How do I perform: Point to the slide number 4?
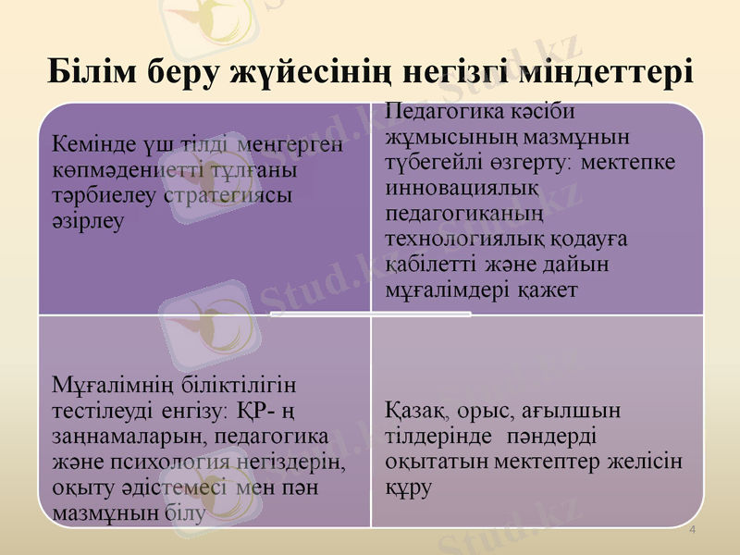[x=694, y=528]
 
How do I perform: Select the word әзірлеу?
[x=87, y=221]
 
